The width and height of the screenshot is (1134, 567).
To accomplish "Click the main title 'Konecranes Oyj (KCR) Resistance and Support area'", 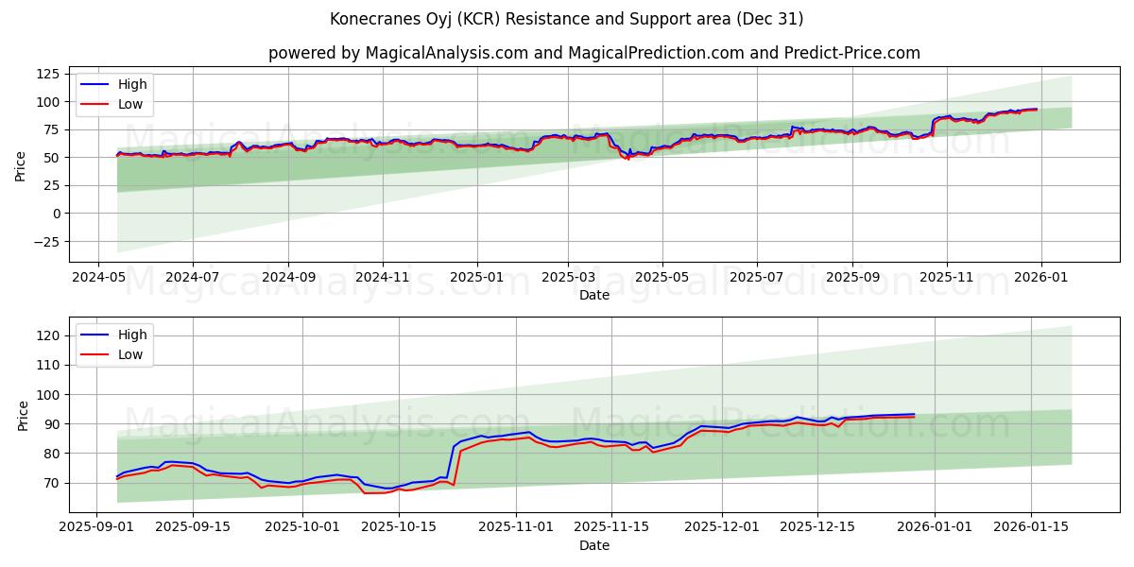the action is tap(567, 19).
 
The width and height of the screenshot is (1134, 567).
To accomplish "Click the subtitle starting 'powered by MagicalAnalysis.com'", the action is tap(593, 53).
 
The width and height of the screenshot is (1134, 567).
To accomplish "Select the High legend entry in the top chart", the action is tap(131, 84).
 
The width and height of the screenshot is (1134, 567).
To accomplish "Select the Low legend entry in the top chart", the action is tap(130, 104).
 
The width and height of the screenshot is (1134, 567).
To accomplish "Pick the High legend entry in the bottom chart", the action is tap(131, 335).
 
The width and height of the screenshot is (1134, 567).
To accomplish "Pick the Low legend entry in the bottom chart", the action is tap(130, 354).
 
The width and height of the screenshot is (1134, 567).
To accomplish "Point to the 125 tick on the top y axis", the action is tap(46, 74).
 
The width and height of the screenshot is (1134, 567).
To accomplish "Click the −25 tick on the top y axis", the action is tap(46, 241).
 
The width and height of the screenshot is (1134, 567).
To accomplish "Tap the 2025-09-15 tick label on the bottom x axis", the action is tap(193, 526).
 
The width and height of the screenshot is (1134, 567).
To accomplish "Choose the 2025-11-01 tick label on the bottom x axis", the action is tap(516, 526).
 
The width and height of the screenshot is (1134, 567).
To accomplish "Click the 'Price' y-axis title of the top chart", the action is tap(21, 165).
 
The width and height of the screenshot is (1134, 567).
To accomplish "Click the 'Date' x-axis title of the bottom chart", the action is tap(593, 545).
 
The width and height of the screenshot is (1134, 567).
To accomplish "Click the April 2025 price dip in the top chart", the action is tap(626, 156).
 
